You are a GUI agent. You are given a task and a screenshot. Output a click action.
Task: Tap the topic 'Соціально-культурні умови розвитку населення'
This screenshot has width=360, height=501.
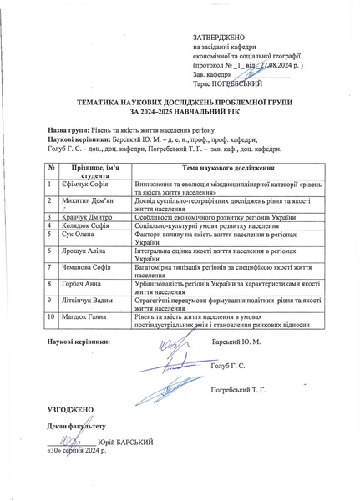tap(204, 225)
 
